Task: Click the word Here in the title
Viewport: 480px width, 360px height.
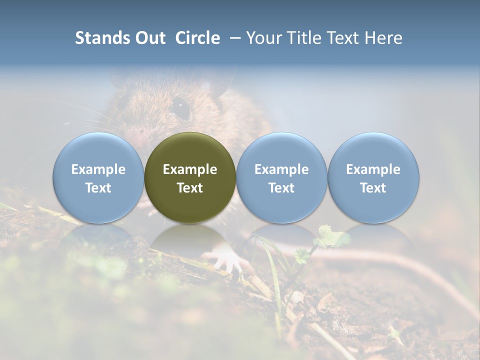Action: tap(383, 38)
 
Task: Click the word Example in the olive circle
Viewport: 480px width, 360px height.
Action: tap(190, 169)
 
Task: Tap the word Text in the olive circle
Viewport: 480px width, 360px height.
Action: tap(190, 188)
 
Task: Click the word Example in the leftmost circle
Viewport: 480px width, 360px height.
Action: tap(98, 169)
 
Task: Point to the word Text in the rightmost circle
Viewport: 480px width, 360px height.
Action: tap(373, 188)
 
